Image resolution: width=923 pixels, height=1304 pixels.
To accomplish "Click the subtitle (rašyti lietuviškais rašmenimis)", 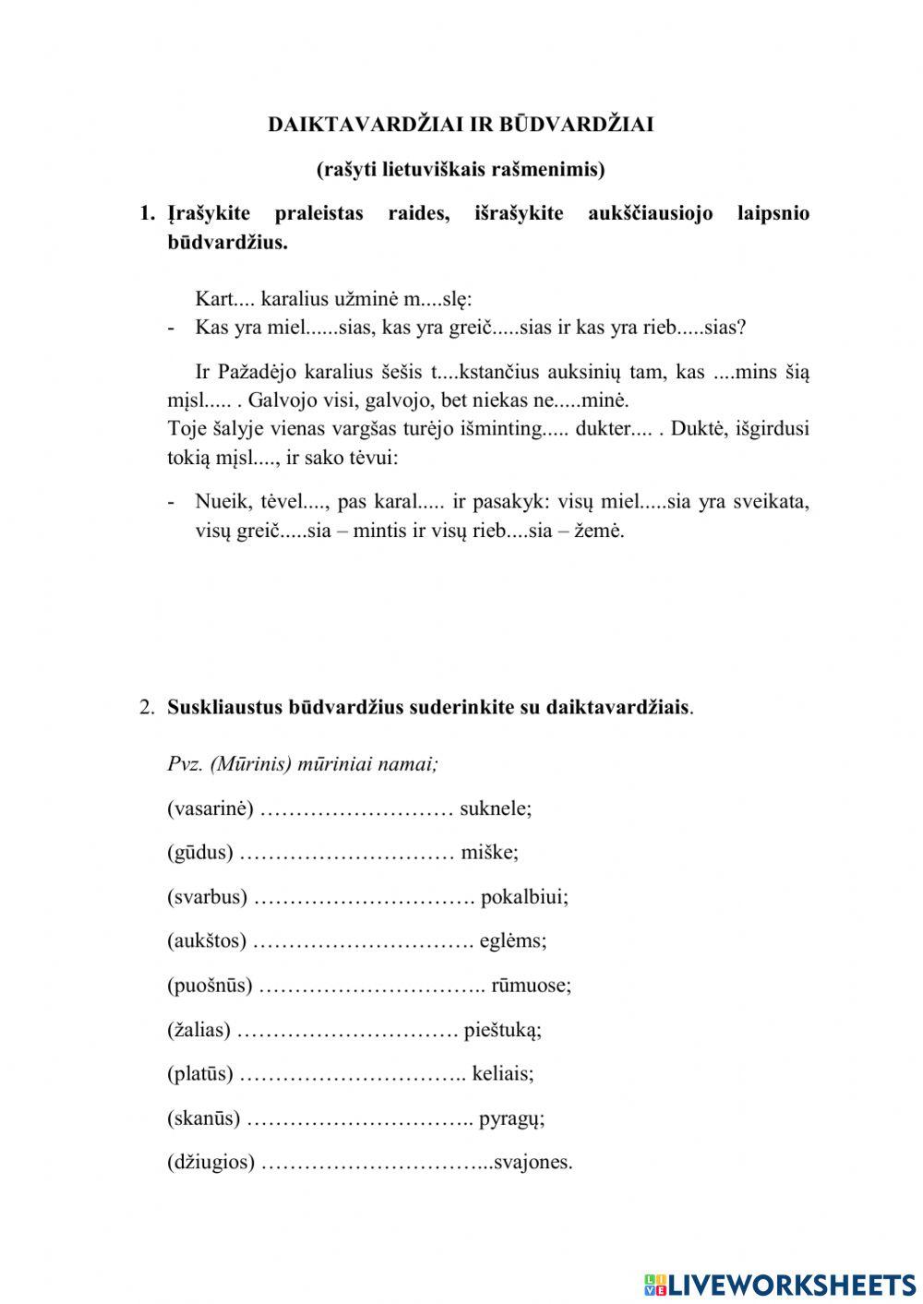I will (x=461, y=169).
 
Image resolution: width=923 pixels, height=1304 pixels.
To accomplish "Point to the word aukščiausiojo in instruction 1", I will (x=650, y=213).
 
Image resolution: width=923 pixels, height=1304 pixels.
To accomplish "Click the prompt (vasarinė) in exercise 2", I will (x=210, y=808).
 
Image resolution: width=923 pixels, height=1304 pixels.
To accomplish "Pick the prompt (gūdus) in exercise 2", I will (x=200, y=852).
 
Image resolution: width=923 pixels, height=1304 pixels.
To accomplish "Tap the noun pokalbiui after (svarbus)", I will (x=524, y=896).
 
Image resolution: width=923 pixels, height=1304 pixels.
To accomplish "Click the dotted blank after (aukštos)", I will (x=363, y=941).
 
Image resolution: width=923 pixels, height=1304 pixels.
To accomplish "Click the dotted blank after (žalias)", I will (x=347, y=1030).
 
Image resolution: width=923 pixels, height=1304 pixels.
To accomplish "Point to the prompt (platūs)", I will (x=200, y=1073).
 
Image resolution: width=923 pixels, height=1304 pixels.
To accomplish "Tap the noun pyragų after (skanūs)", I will (x=511, y=1119).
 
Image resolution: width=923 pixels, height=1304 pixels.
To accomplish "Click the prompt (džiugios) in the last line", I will (x=210, y=1162).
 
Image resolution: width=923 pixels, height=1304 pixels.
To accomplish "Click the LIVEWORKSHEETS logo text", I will (x=791, y=1284).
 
